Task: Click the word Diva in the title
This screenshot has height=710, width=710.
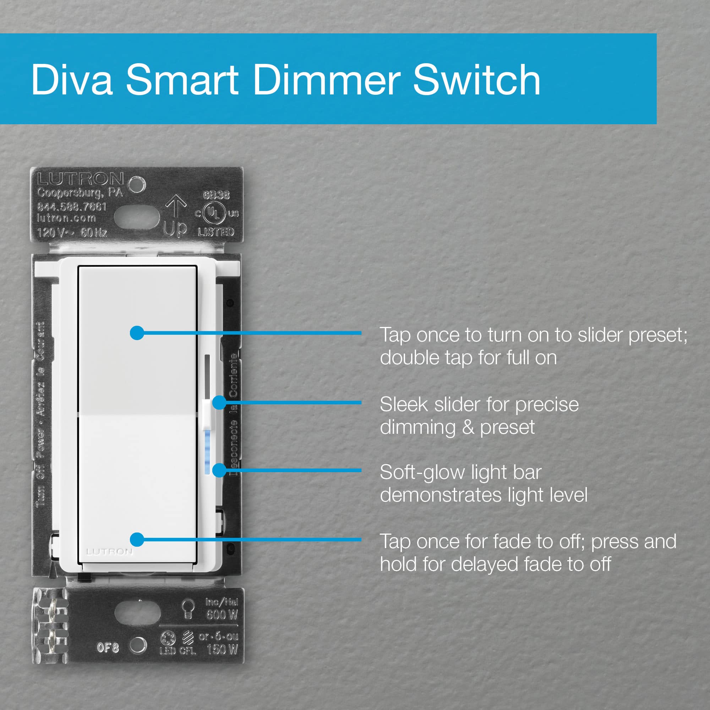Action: click(x=72, y=80)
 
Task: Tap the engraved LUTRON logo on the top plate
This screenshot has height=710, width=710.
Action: click(x=80, y=179)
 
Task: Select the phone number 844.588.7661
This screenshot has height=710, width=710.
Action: click(x=72, y=207)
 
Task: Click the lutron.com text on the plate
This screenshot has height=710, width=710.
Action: click(x=66, y=218)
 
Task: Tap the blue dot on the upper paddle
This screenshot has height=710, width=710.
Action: click(x=137, y=333)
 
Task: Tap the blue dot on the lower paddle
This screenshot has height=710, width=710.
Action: click(x=137, y=540)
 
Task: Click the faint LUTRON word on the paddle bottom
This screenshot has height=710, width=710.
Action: click(x=109, y=552)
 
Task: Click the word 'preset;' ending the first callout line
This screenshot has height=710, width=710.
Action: click(x=657, y=335)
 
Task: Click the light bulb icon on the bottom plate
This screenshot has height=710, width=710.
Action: click(x=188, y=609)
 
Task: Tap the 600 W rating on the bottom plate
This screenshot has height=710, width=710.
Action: click(x=222, y=615)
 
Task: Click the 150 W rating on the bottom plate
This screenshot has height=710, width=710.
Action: click(x=222, y=650)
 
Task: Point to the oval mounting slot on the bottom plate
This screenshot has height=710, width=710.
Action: click(x=137, y=613)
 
